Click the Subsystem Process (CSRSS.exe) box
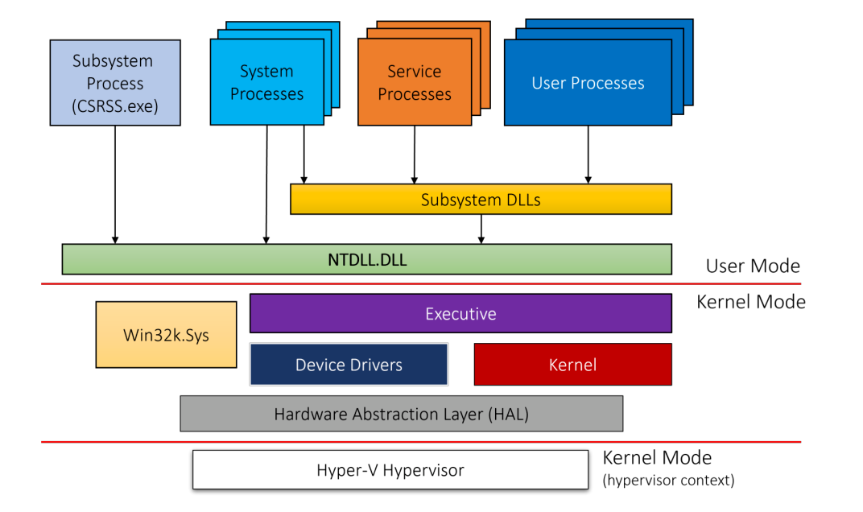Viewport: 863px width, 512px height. pyautogui.click(x=115, y=83)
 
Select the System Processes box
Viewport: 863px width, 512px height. pyautogui.click(x=266, y=83)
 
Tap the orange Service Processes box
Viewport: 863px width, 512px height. pyautogui.click(x=415, y=83)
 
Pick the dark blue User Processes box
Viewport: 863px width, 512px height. pyautogui.click(x=588, y=83)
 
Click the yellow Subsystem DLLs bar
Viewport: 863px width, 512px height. pyautogui.click(x=481, y=200)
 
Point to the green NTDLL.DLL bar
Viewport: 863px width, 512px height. pyautogui.click(x=366, y=259)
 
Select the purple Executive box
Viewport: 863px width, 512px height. pyautogui.click(x=460, y=313)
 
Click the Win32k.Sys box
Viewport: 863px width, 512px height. pyautogui.click(x=166, y=335)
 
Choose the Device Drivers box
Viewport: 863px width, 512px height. pyautogui.click(x=349, y=365)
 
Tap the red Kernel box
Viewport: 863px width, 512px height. pyautogui.click(x=572, y=365)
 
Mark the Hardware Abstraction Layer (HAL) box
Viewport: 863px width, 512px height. pyautogui.click(x=401, y=414)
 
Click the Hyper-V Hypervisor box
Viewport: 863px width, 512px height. pyautogui.click(x=390, y=470)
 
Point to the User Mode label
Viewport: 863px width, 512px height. pyautogui.click(x=752, y=266)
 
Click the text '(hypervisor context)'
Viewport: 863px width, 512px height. pyautogui.click(x=668, y=481)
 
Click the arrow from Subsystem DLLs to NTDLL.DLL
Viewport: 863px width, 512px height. pyautogui.click(x=481, y=229)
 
